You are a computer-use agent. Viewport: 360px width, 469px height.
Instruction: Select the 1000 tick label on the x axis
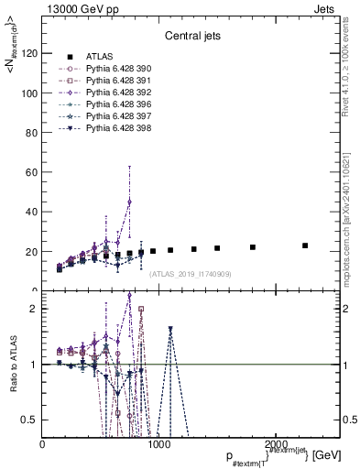click(159, 444)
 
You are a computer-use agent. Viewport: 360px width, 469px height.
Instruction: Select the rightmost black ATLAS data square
click(305, 245)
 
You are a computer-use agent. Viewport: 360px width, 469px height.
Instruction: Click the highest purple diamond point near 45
click(129, 202)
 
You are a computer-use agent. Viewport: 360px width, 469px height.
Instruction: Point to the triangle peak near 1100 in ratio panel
click(170, 329)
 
